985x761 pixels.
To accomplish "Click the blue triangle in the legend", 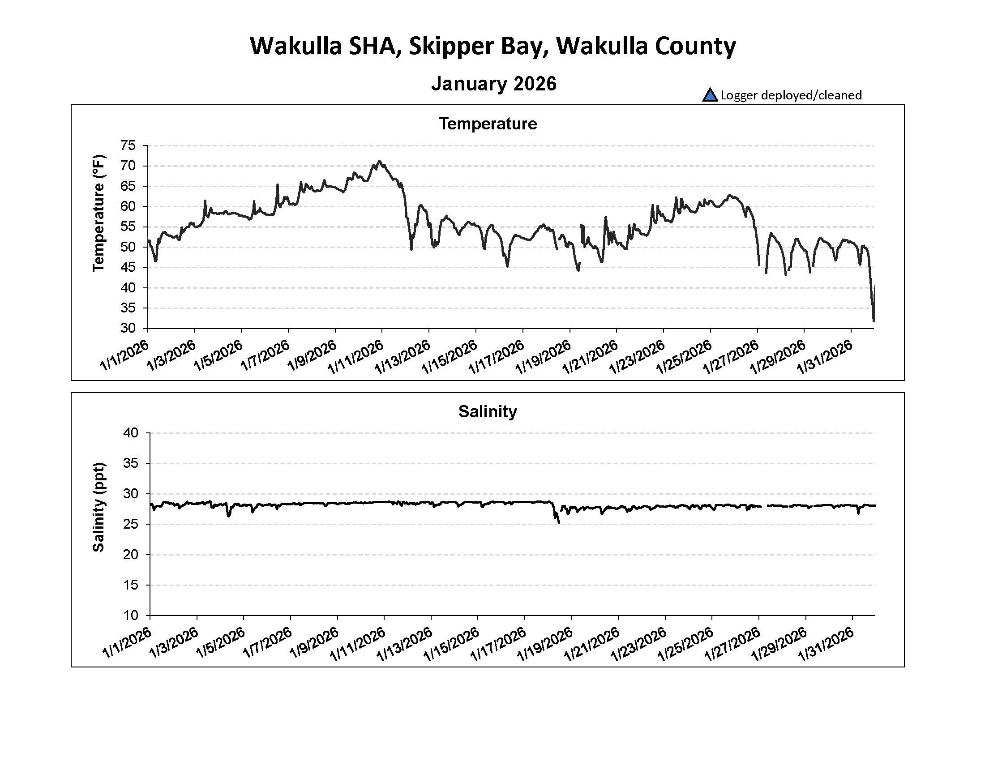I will tap(710, 95).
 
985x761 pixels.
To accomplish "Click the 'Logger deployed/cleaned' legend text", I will tap(791, 95).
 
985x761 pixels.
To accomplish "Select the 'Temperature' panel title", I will tap(488, 124).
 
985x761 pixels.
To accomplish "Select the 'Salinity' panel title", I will tap(488, 411).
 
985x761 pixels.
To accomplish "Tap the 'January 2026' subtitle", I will tap(494, 84).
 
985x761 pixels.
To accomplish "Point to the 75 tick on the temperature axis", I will tap(128, 145).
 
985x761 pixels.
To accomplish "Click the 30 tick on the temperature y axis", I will tap(128, 328).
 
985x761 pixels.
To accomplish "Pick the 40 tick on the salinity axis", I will tap(131, 433).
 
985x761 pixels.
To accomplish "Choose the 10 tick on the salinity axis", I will tap(131, 616).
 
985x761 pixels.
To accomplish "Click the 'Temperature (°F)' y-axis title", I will tap(98, 213).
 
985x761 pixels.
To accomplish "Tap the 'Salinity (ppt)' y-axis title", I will tap(98, 507).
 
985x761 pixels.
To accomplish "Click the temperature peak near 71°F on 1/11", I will tap(380, 161).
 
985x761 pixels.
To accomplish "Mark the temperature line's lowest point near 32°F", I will tap(874, 321).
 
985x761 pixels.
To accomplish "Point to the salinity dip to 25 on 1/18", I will tap(559, 522).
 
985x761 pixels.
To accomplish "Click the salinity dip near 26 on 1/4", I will tap(229, 516).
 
